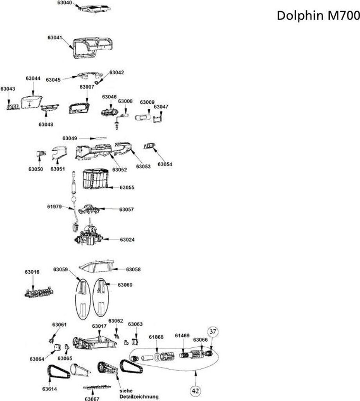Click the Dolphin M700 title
coord(318,16)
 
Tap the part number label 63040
coord(65,3)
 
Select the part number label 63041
coord(55,38)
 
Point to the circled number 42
coord(196,390)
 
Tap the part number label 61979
coord(54,206)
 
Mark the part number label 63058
coord(133,269)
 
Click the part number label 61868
coord(156,337)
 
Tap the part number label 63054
coord(165,164)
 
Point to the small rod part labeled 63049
coord(99,138)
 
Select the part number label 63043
coord(8,89)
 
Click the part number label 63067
coord(93,399)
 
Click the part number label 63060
coord(125,285)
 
